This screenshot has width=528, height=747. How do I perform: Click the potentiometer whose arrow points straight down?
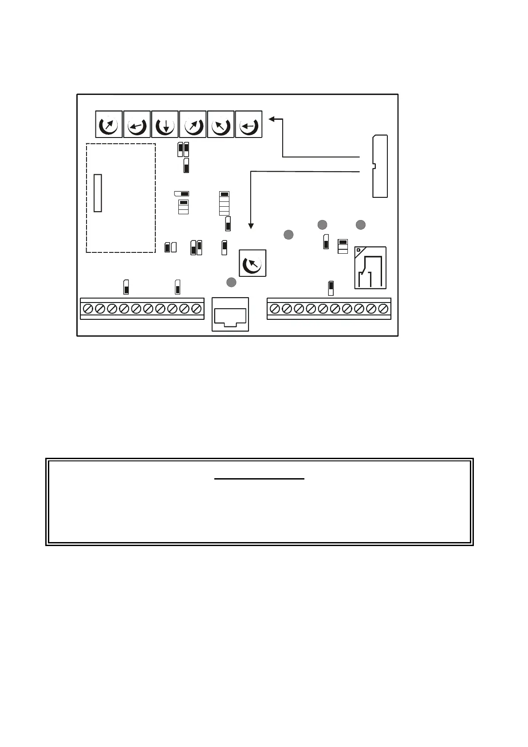[165, 125]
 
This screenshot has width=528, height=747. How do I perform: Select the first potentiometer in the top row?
[109, 125]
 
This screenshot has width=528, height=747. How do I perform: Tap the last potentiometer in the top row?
[248, 125]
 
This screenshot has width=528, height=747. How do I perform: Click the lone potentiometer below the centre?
[252, 263]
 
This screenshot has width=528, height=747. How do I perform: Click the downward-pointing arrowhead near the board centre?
[251, 226]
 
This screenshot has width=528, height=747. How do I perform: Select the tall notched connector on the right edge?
[380, 166]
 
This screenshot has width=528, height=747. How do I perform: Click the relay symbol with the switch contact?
[370, 268]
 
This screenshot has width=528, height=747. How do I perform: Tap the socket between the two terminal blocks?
[230, 315]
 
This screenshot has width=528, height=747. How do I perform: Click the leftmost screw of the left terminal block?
[88, 308]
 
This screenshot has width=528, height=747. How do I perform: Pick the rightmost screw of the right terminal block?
[383, 308]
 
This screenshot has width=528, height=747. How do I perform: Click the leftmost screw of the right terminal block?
[275, 308]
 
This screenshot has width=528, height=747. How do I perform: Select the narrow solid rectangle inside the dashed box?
[98, 193]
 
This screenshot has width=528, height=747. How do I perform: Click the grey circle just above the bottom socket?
[231, 282]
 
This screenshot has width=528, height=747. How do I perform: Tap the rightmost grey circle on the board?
[361, 225]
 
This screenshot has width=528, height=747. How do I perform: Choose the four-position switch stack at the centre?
[225, 203]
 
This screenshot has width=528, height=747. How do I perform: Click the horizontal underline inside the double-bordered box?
[259, 479]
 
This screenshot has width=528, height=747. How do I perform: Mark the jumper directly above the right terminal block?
[331, 288]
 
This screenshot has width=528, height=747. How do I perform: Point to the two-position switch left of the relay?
[343, 246]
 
